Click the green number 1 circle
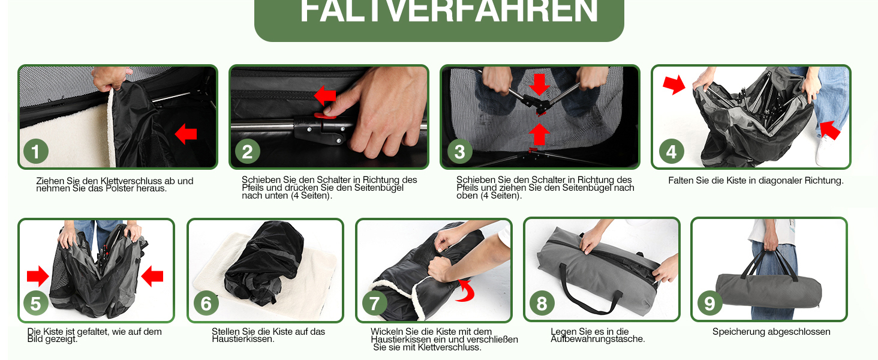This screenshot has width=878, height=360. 35,151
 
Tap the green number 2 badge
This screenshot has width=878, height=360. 247,151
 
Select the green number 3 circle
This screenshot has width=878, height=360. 460,151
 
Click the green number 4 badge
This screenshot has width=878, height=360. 672,151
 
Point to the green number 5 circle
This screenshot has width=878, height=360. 35,303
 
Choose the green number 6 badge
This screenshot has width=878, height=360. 206,303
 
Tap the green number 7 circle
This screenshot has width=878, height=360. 375,303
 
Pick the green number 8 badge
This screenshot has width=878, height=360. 542,303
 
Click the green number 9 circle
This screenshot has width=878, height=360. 710,303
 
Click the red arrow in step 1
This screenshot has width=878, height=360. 186,134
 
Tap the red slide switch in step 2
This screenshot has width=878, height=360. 325,115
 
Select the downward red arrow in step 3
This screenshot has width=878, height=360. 540,85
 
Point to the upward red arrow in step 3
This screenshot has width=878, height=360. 540,134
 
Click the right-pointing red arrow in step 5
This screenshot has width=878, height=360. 38,276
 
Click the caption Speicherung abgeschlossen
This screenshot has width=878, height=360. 771,332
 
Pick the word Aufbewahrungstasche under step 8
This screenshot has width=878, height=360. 597,339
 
